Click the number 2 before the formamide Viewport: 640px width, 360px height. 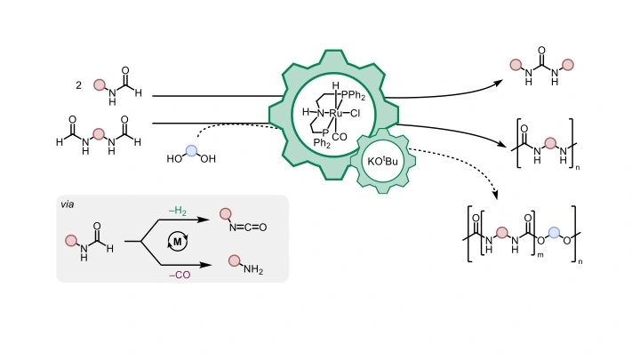[x=79, y=85]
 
